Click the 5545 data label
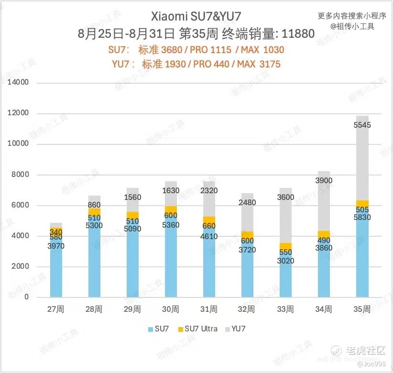click(362, 125)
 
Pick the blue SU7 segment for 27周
click(56, 268)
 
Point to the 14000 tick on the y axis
click(20, 83)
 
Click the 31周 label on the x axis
click(209, 309)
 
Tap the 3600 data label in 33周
click(286, 197)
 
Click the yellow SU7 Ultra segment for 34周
click(324, 235)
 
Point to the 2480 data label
click(248, 203)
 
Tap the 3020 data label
click(286, 261)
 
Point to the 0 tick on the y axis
click(27, 297)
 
